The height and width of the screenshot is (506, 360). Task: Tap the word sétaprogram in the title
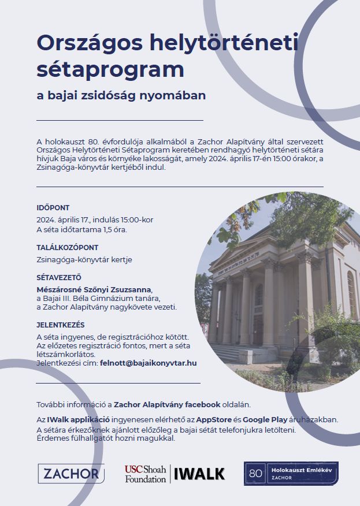tap(110, 69)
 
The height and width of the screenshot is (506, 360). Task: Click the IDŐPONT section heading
tap(53, 207)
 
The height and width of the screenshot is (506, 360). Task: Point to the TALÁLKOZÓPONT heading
tap(67, 247)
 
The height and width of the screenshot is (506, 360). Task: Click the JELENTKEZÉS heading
tap(61, 325)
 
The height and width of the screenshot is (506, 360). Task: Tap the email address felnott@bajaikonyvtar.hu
tap(148, 363)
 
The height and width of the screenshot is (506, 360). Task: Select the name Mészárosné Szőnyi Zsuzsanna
tap(95, 288)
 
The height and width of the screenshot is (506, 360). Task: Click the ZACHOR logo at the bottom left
tap(71, 474)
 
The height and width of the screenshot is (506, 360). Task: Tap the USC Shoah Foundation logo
tap(145, 474)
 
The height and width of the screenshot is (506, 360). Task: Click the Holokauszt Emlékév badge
tap(291, 474)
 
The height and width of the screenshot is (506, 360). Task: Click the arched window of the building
tap(259, 295)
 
